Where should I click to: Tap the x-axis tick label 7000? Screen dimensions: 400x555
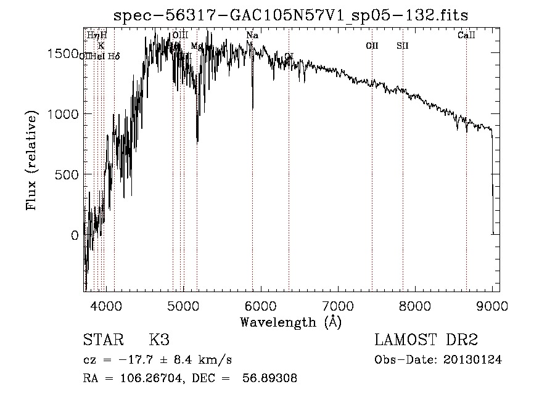[338, 305]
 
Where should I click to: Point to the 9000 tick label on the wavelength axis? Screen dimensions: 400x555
[492, 305]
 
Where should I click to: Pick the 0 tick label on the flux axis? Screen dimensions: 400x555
[75, 235]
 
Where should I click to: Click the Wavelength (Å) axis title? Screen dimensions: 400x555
[290, 322]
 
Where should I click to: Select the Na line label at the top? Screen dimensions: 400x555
[252, 36]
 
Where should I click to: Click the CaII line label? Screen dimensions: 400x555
[466, 36]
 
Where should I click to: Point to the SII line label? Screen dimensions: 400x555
[403, 46]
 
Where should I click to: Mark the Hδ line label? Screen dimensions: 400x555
[113, 56]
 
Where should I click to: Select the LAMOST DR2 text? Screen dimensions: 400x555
[426, 340]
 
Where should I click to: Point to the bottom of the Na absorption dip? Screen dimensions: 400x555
[252, 110]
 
